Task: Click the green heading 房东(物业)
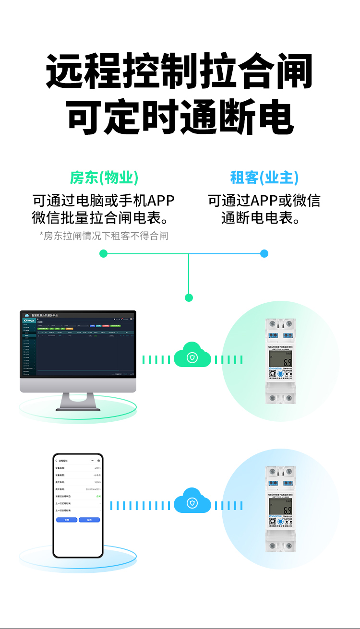pyautogui.click(x=104, y=178)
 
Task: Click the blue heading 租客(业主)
pyautogui.click(x=264, y=178)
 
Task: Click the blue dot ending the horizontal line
pyautogui.click(x=264, y=253)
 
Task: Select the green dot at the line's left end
pyautogui.click(x=103, y=253)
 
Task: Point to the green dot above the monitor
pyautogui.click(x=189, y=297)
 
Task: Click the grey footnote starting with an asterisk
pyautogui.click(x=104, y=236)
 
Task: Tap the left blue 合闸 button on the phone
pyautogui.click(x=66, y=520)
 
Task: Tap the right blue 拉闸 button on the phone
pyautogui.click(x=89, y=520)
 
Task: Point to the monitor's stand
pyautogui.click(x=78, y=401)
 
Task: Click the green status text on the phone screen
pyautogui.click(x=98, y=496)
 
